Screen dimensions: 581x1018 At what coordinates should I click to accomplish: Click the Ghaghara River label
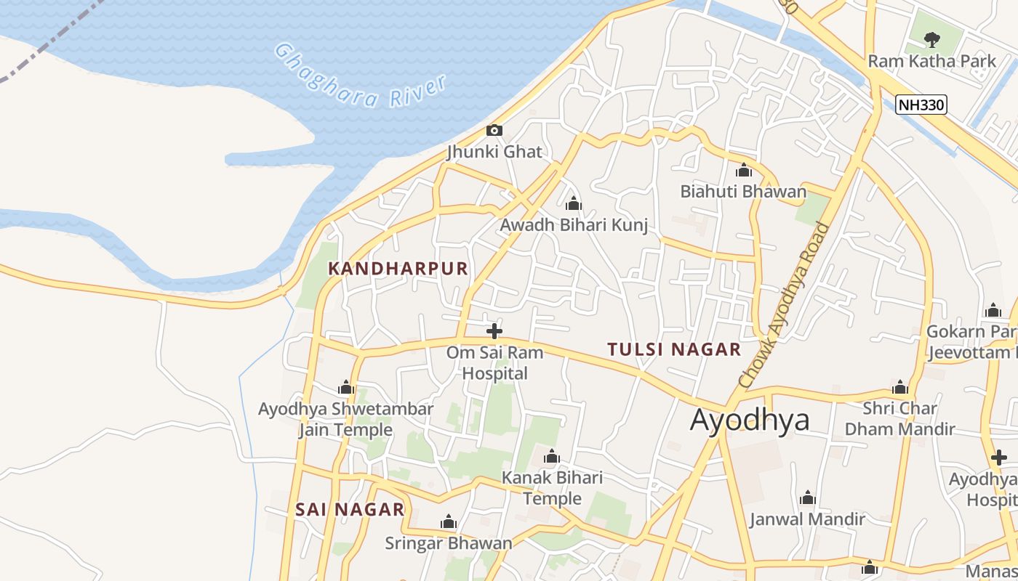pos(360,76)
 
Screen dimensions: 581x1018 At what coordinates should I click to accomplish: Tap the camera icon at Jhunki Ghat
pos(494,130)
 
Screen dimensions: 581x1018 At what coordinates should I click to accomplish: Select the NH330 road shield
pos(921,105)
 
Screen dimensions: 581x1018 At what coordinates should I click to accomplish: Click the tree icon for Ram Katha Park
pos(931,39)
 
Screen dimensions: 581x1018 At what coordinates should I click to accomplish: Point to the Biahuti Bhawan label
pos(743,192)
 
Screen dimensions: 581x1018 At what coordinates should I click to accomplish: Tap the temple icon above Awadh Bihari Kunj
pos(574,203)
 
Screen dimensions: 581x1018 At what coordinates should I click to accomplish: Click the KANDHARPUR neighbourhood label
pos(398,268)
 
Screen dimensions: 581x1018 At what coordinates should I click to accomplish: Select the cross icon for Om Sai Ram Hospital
pos(494,331)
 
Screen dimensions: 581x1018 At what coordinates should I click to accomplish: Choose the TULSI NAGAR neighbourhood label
pos(674,349)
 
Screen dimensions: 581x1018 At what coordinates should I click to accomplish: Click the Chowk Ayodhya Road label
pos(784,305)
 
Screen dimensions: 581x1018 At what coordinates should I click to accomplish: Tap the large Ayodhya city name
pos(749,420)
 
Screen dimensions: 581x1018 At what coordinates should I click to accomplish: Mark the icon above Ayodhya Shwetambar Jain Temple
pos(346,388)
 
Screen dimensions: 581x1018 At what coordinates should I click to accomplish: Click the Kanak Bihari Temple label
pos(553,488)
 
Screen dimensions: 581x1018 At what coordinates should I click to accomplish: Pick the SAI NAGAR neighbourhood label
pos(350,509)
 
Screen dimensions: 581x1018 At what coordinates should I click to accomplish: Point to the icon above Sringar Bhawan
pos(449,522)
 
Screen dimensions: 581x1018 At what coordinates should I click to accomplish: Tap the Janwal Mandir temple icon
pos(807,498)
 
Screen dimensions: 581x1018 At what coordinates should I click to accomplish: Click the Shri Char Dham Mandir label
pos(899,418)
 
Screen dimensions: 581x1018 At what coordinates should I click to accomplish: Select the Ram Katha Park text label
pos(931,61)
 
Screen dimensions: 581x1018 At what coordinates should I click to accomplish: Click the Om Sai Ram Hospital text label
pos(494,362)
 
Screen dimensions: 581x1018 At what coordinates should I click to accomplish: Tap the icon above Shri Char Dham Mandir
pos(900,387)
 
